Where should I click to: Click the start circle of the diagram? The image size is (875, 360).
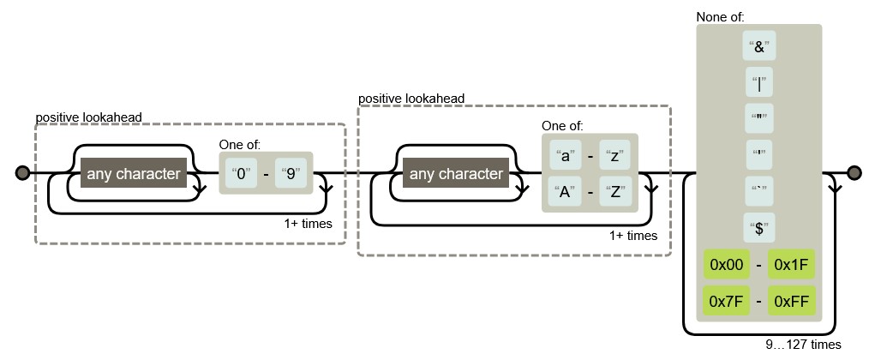(22, 174)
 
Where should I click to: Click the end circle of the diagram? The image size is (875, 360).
(854, 174)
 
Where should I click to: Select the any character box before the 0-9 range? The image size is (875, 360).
(133, 174)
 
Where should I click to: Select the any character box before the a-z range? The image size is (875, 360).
(456, 174)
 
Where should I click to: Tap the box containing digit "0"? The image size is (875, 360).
(242, 174)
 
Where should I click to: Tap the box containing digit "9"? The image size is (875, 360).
(291, 174)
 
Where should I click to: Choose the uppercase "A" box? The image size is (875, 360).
(565, 191)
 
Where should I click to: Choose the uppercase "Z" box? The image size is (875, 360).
(615, 191)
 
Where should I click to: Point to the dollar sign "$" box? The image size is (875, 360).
(759, 228)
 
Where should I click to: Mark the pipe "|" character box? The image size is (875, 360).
(759, 84)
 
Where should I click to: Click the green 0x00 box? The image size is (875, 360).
(722, 265)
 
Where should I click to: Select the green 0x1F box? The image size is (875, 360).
(791, 265)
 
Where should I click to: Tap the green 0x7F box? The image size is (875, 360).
(722, 300)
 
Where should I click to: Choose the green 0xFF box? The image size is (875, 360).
(791, 300)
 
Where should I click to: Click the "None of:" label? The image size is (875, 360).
(720, 16)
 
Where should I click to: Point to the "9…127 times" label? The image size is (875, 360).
(803, 345)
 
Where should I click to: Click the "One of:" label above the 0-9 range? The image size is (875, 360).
(240, 144)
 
